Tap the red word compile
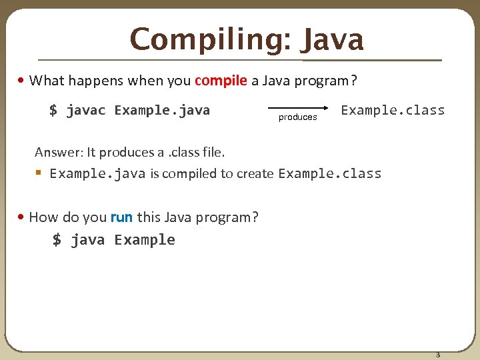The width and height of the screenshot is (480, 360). pos(221,81)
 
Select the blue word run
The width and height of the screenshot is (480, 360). pos(121,217)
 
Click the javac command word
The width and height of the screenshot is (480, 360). pos(86,110)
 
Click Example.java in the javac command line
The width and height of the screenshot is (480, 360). pos(162,110)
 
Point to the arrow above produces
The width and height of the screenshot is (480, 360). pos(297,107)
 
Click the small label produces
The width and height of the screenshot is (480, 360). pos(297,117)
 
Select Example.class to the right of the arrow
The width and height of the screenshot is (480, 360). pos(393,110)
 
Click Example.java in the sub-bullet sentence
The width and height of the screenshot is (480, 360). pos(97,174)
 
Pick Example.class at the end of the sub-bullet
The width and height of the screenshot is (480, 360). pos(330,174)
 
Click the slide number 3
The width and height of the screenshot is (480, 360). pos(438,354)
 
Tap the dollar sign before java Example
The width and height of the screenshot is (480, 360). pos(57,240)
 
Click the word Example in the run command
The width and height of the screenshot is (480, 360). pos(145,240)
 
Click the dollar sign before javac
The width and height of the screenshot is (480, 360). pos(53,110)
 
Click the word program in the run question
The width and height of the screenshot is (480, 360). pos(225,217)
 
